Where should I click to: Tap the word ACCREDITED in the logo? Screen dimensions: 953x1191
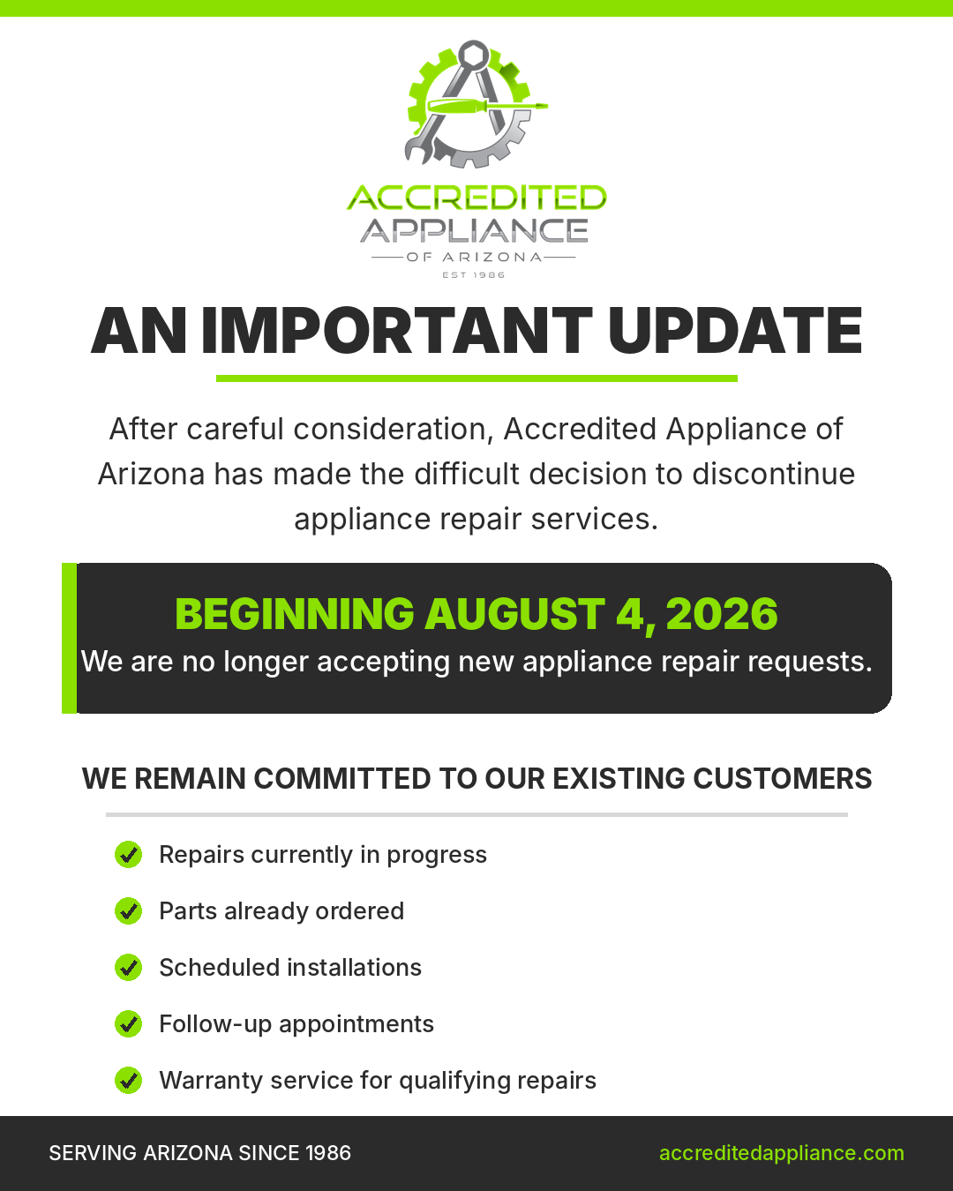[x=476, y=198]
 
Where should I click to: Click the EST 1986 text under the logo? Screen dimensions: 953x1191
[x=474, y=274]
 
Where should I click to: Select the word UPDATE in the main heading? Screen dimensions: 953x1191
[x=735, y=331]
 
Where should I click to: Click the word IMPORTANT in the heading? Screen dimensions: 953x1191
[x=397, y=331]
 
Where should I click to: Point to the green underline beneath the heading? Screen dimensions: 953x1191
[x=476, y=378]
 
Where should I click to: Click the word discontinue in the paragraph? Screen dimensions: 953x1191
[x=774, y=475]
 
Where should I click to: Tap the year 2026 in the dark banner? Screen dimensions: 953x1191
[x=722, y=614]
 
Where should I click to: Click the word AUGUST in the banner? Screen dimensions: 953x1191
[x=515, y=614]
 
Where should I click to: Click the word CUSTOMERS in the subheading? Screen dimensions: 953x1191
[x=783, y=779]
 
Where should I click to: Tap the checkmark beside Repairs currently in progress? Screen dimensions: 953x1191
[x=129, y=855]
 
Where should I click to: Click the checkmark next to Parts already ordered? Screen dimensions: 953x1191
[x=129, y=911]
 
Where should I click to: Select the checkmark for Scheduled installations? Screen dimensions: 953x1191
[x=129, y=968]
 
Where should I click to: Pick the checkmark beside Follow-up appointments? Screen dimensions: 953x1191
[x=129, y=1024]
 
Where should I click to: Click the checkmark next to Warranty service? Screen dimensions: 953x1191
[x=129, y=1081]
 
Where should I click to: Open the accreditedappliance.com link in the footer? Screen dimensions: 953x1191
[x=781, y=1153]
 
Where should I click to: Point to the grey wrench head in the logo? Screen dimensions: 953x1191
[x=416, y=149]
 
